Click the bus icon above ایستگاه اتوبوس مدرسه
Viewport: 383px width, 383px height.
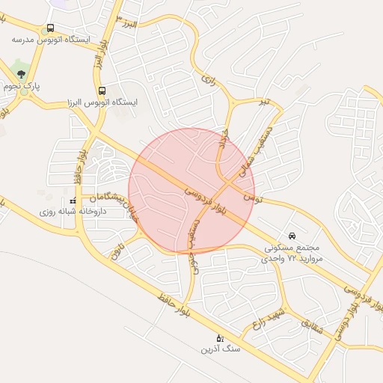click(50, 28)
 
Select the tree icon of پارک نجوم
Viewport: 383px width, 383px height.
click(21, 74)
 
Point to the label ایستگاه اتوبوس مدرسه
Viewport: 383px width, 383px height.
click(50, 39)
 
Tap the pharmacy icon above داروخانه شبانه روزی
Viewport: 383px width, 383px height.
click(73, 201)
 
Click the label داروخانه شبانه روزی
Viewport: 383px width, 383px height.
click(74, 212)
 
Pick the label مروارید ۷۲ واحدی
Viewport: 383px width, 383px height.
click(291, 258)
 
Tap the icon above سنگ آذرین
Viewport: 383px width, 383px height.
click(219, 338)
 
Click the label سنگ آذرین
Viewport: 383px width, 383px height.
click(219, 349)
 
